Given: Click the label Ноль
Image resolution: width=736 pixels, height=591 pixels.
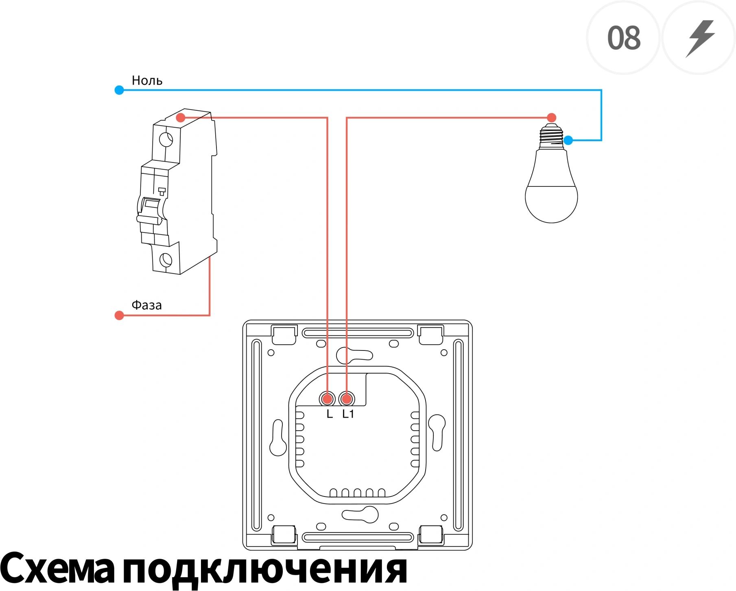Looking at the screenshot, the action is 147,80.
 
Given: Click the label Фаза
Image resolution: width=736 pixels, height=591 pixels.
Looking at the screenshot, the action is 146,304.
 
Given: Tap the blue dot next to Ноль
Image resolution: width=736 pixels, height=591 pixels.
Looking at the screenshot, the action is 119,90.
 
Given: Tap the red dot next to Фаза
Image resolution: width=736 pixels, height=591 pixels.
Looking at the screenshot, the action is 119,315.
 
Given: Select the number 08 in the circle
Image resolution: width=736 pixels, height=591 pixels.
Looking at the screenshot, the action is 624,38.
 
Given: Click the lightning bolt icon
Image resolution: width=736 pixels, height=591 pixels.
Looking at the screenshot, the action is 700,38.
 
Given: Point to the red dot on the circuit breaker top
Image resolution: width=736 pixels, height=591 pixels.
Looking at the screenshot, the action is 181,118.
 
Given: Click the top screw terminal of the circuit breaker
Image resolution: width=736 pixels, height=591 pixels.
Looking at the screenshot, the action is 166,140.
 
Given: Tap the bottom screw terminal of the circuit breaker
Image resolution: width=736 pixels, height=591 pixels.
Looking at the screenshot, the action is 166,260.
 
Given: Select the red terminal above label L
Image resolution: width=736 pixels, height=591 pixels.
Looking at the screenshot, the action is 327,399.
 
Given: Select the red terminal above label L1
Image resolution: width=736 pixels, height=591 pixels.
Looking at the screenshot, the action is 347,399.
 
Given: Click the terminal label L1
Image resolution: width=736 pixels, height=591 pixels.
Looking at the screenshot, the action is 348,414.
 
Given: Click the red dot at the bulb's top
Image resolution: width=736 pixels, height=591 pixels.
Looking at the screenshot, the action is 552,118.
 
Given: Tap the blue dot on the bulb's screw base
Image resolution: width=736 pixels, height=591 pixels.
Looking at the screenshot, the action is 568,140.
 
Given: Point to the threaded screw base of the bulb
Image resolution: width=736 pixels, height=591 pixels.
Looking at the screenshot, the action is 552,137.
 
